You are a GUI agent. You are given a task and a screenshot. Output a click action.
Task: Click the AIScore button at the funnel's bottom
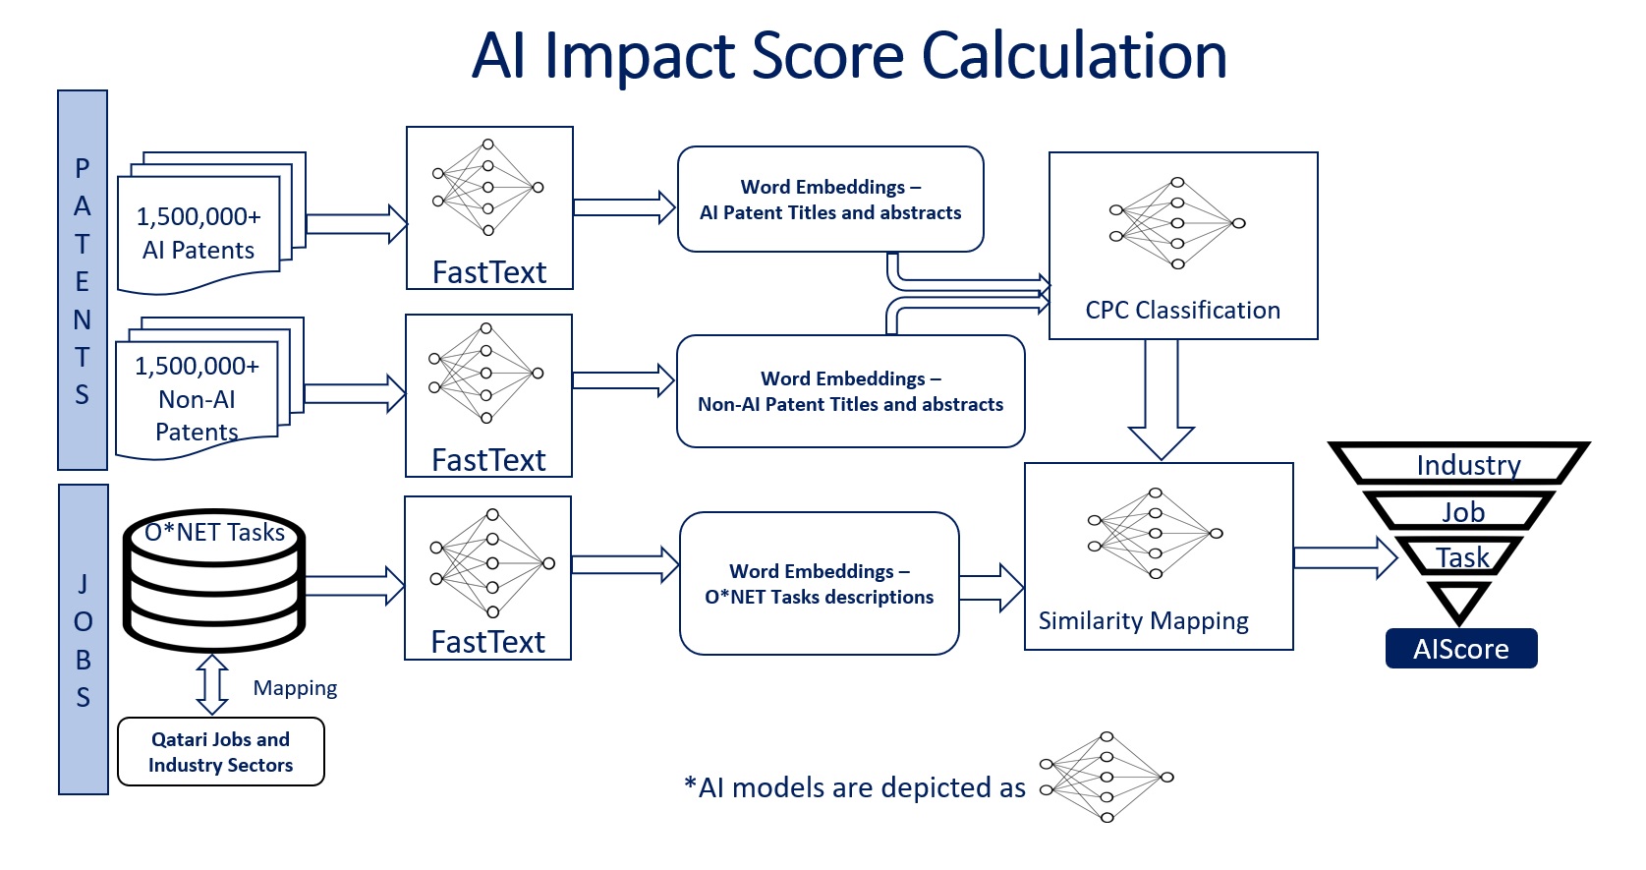pyautogui.click(x=1460, y=649)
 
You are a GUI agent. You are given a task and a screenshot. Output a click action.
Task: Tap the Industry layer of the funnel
pyautogui.click(x=1467, y=464)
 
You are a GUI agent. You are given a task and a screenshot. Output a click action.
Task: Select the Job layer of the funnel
pyautogui.click(x=1462, y=511)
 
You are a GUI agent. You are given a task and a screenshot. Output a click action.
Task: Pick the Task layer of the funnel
pyautogui.click(x=1461, y=557)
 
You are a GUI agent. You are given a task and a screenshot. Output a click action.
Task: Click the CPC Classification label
pyautogui.click(x=1182, y=311)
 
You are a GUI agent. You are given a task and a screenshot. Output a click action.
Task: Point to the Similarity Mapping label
pyautogui.click(x=1143, y=621)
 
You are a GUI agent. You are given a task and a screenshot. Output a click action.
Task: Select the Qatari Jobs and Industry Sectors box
pyautogui.click(x=220, y=752)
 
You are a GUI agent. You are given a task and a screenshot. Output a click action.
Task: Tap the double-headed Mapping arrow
pyautogui.click(x=212, y=684)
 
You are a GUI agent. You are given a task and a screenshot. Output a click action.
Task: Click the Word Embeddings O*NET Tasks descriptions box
pyautogui.click(x=819, y=584)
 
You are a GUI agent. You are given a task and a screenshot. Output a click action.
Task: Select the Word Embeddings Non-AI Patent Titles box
pyautogui.click(x=850, y=391)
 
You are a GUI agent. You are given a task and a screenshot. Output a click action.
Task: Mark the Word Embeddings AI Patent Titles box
pyautogui.click(x=830, y=200)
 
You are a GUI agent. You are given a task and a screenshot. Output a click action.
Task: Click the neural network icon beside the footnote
pyautogui.click(x=1106, y=777)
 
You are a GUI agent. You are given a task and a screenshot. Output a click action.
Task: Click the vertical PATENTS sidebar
pyautogui.click(x=83, y=280)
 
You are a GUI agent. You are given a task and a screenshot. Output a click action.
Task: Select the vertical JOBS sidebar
pyautogui.click(x=84, y=639)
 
